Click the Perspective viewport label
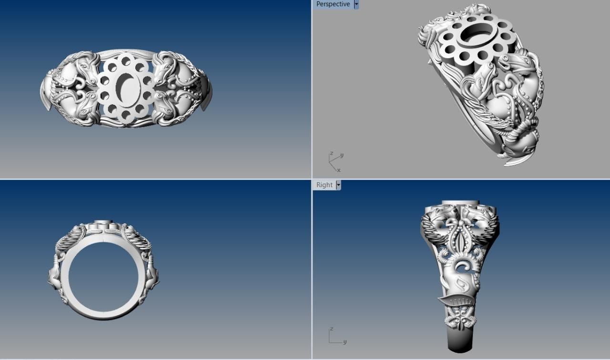(x=333, y=4)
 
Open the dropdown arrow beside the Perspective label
(x=356, y=4)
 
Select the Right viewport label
(x=325, y=185)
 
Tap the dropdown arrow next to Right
(x=338, y=185)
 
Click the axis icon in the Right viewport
(x=335, y=336)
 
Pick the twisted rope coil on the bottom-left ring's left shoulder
(x=69, y=238)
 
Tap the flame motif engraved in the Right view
(x=461, y=286)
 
